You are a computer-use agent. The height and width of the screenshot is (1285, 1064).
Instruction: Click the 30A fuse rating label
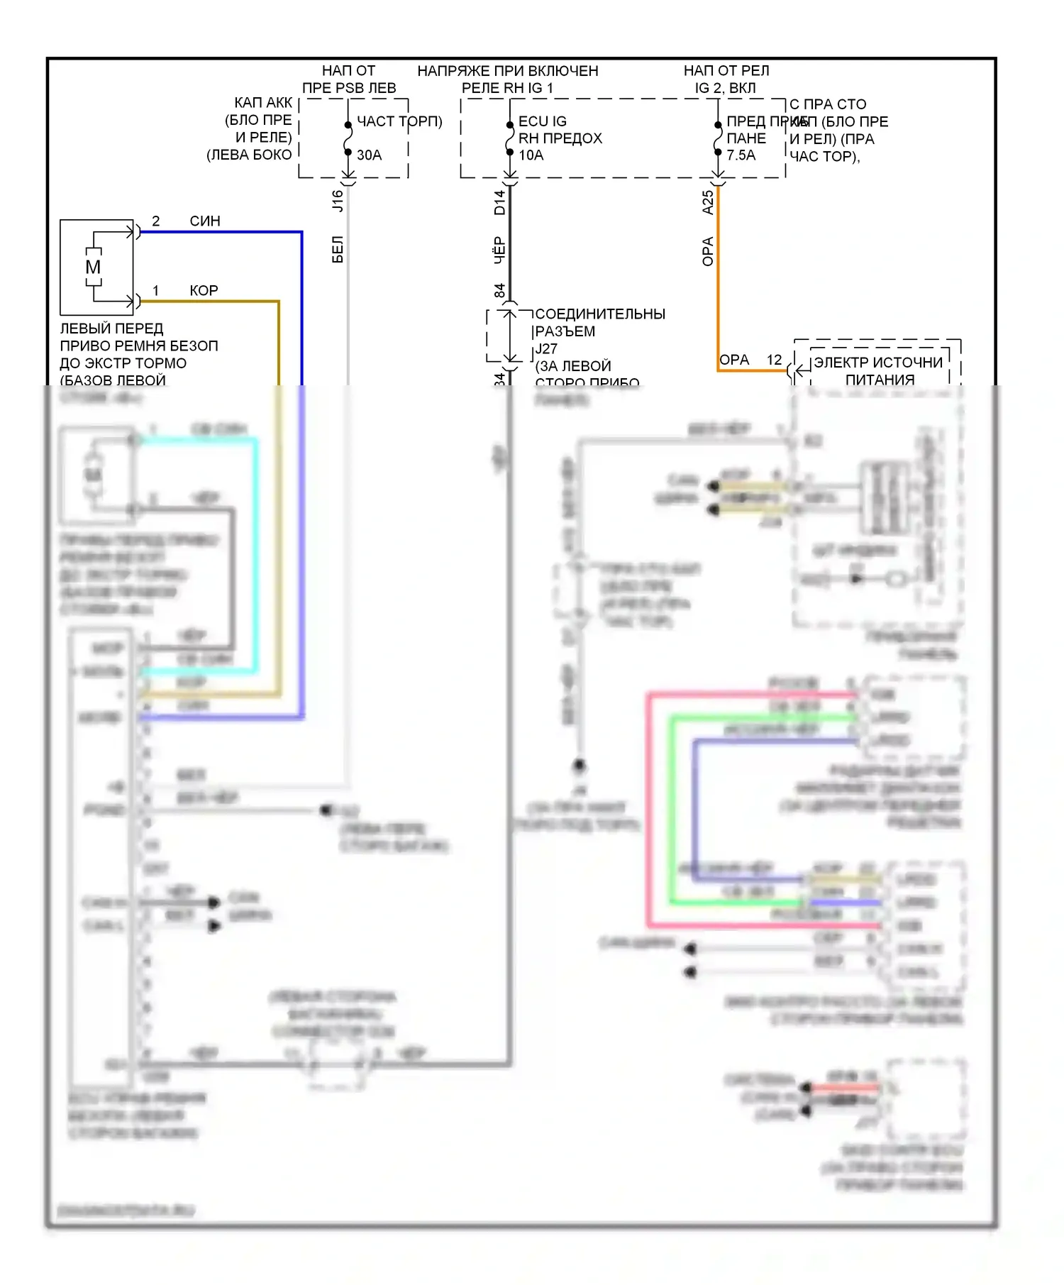(x=369, y=155)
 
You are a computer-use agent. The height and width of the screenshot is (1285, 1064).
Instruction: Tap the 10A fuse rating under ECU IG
(x=531, y=155)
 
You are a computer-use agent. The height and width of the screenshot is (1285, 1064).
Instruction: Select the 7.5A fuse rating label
(x=741, y=155)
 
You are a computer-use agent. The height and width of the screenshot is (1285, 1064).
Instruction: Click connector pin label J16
(x=338, y=201)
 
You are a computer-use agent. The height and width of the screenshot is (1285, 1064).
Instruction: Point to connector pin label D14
(x=500, y=202)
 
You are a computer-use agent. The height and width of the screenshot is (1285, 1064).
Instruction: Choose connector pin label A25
(x=707, y=202)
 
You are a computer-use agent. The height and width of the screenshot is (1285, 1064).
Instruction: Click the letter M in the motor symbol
(x=93, y=268)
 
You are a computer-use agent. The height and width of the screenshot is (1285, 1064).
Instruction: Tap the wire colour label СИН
(x=205, y=221)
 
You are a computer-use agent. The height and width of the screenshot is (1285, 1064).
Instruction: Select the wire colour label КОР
(x=204, y=290)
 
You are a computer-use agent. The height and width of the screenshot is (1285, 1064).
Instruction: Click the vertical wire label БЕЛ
(x=338, y=250)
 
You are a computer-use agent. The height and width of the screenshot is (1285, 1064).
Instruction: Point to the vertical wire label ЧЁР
(x=500, y=250)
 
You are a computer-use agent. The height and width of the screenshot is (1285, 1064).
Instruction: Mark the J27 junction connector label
(x=546, y=348)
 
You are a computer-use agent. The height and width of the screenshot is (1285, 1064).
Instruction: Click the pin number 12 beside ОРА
(x=774, y=360)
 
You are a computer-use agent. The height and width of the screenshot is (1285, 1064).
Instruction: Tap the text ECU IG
(x=543, y=121)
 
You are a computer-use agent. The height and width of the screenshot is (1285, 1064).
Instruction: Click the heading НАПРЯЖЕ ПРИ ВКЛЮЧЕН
(x=508, y=71)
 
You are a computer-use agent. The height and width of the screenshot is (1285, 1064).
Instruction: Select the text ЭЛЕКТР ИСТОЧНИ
(x=878, y=362)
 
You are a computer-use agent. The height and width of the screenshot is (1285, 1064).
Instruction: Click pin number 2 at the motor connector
(x=156, y=221)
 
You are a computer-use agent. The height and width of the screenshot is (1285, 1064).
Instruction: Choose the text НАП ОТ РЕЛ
(x=726, y=71)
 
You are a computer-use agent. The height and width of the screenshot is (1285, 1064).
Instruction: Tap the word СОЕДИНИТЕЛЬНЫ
(x=600, y=314)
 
